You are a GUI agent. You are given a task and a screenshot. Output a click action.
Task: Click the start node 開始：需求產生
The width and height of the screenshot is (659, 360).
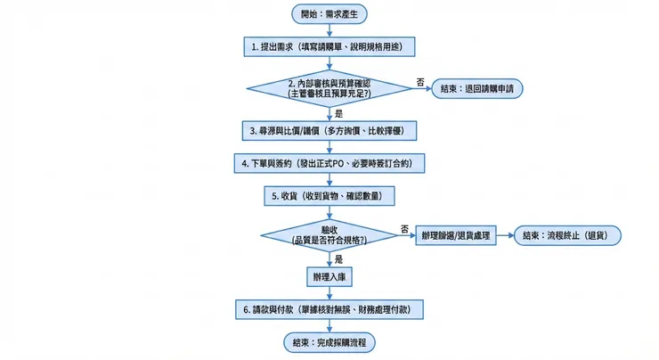pyautogui.click(x=329, y=13)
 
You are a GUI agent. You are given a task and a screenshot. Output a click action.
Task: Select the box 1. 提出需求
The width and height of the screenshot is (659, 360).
pyautogui.click(x=329, y=45)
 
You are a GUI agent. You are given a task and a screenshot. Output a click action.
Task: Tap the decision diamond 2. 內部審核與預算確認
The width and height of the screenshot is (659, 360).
pyautogui.click(x=329, y=88)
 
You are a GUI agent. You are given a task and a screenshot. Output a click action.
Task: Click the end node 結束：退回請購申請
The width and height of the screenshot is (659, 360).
pyautogui.click(x=477, y=88)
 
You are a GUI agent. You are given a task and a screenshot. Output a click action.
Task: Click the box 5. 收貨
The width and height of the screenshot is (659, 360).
pyautogui.click(x=329, y=195)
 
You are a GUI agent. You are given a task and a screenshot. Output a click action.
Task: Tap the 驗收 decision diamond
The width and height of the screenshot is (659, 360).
pyautogui.click(x=329, y=235)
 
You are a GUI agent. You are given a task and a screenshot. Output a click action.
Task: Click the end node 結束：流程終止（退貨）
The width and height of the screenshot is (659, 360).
pyautogui.click(x=566, y=235)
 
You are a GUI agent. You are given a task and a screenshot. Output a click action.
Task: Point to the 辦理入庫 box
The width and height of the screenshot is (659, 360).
pyautogui.click(x=329, y=276)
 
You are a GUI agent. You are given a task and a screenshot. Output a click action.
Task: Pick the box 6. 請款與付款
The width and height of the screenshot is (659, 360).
pyautogui.click(x=329, y=309)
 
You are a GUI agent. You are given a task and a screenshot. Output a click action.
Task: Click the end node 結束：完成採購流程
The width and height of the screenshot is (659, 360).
pyautogui.click(x=329, y=342)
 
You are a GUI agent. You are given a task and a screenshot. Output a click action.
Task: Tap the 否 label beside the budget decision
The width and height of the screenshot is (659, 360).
pyautogui.click(x=420, y=82)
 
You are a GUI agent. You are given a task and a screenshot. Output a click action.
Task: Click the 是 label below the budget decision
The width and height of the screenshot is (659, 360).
pyautogui.click(x=339, y=113)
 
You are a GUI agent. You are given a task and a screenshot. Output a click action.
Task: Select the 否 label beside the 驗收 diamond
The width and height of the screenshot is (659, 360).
pyautogui.click(x=405, y=229)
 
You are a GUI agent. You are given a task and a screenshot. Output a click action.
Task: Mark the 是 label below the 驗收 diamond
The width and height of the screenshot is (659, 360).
pyautogui.click(x=339, y=259)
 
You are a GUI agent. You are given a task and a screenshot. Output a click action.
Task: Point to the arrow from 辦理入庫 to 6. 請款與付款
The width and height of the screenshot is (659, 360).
pyautogui.click(x=329, y=292)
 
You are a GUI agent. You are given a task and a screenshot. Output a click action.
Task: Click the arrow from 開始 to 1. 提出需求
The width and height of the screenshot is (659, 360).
pyautogui.click(x=329, y=29)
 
